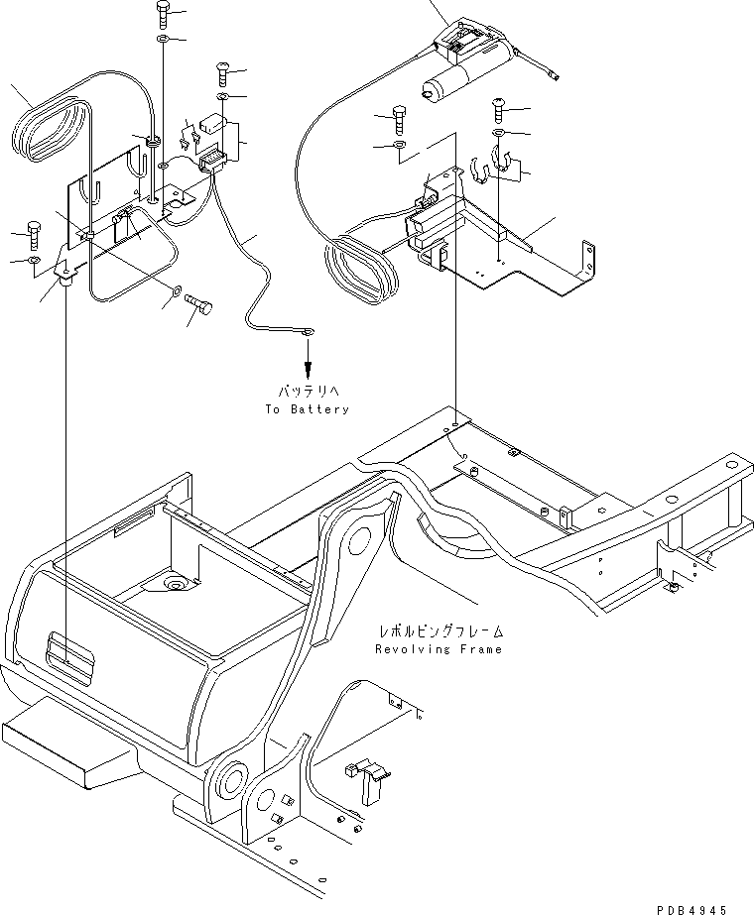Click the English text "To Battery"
point(308,408)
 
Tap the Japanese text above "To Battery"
point(308,392)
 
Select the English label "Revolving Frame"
point(440,649)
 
